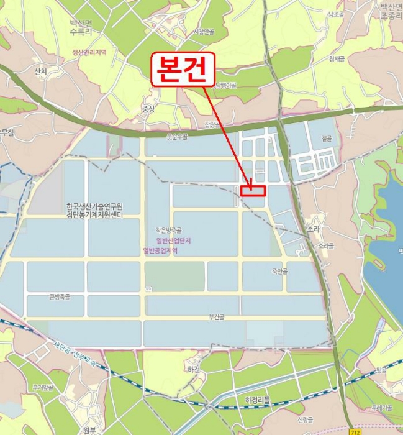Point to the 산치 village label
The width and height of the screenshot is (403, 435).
click(x=41, y=72)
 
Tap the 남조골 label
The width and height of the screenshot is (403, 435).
click(x=335, y=14)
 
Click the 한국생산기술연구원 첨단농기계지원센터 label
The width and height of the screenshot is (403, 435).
click(x=94, y=210)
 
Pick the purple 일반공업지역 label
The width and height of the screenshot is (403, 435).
click(x=160, y=250)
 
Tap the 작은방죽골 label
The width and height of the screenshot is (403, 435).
click(x=168, y=230)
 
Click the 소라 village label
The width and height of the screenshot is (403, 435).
click(x=312, y=229)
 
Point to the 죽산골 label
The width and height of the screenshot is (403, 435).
click(x=280, y=271)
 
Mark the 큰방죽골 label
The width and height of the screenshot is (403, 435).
click(x=60, y=296)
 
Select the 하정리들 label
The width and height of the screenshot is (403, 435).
click(x=258, y=400)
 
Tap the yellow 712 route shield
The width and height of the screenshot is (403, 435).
click(x=355, y=431)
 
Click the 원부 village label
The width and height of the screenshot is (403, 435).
click(x=89, y=429)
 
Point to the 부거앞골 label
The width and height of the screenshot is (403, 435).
click(x=43, y=387)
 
